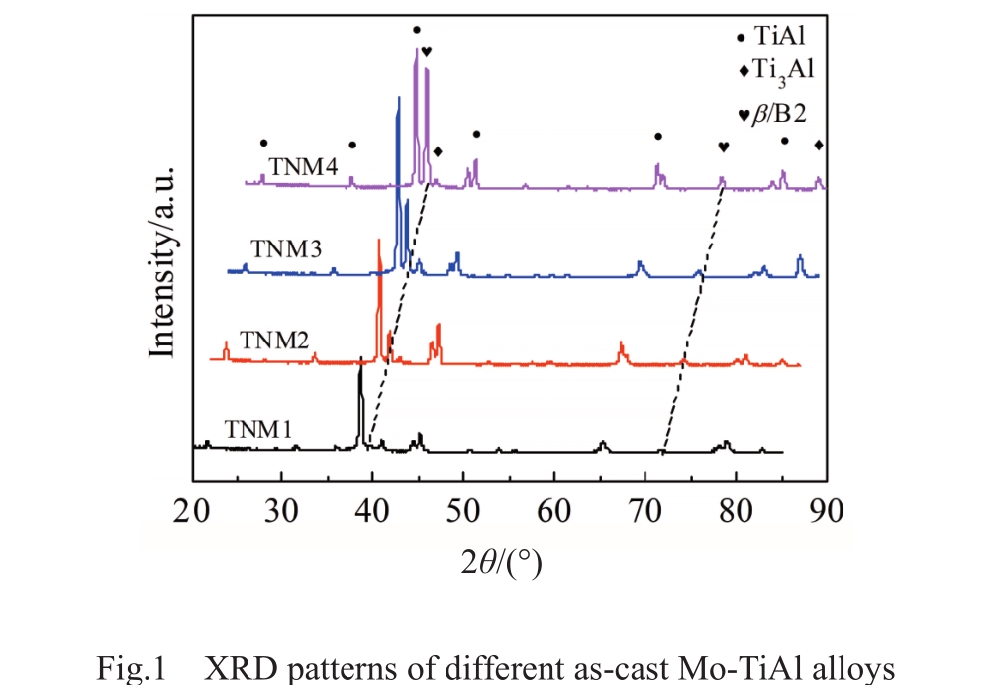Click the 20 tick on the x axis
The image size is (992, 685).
pos(191,512)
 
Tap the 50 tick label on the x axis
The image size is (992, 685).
pos(464,512)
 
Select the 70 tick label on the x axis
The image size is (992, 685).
pos(645,512)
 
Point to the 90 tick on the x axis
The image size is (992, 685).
pos(826,512)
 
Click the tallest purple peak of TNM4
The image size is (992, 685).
pos(416,51)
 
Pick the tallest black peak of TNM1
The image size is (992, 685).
pos(360,372)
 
